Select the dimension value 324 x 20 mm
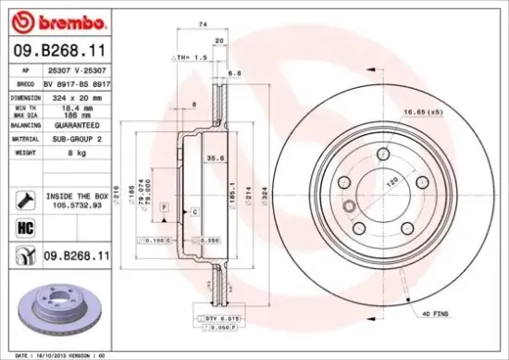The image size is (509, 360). [x=74, y=95]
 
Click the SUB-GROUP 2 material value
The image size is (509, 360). [x=76, y=138]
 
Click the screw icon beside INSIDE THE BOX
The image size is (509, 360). [x=25, y=198]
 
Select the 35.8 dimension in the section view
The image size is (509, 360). [x=214, y=158]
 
